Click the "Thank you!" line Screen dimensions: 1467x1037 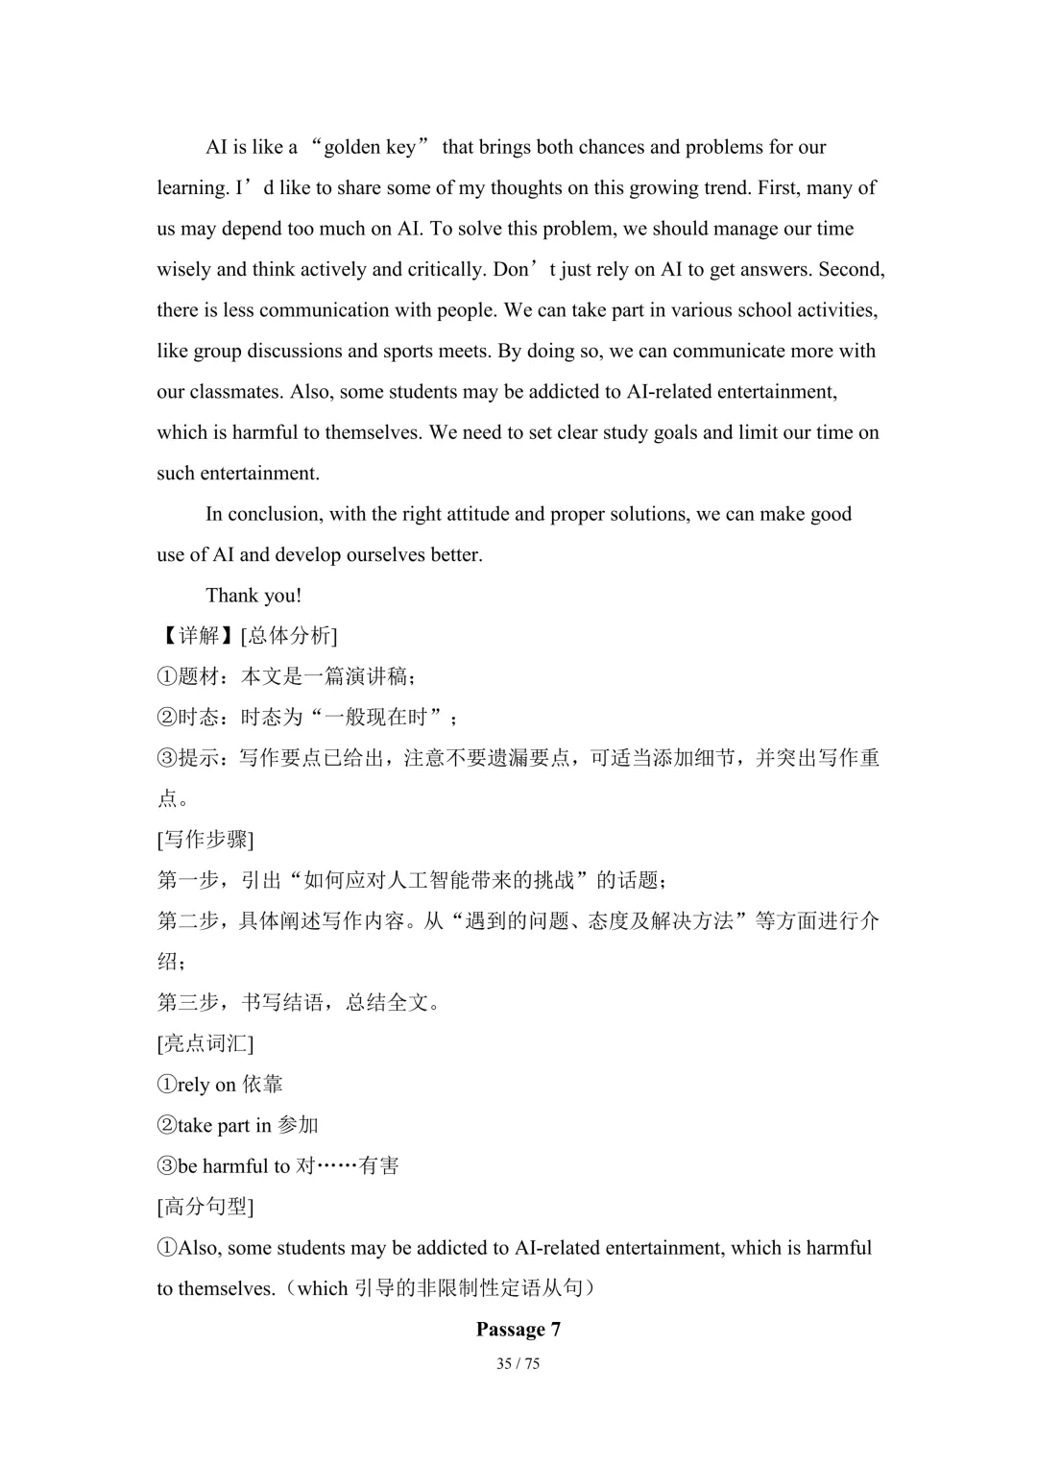click(x=253, y=596)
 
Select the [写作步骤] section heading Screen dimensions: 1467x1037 click(x=205, y=840)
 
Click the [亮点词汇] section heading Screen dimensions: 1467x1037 click(x=205, y=1043)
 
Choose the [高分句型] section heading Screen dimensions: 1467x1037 click(x=205, y=1207)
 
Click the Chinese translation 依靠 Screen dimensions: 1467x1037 click(x=262, y=1085)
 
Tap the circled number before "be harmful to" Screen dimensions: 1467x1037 click(x=167, y=1166)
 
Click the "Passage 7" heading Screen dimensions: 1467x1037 click(x=518, y=1330)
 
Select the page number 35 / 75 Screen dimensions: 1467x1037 click(x=518, y=1364)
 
